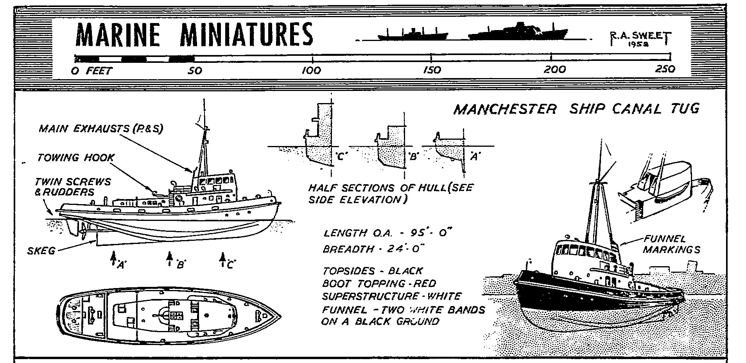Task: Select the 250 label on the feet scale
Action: (664, 69)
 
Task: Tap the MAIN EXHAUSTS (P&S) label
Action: (100, 128)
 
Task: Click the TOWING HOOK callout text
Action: (76, 157)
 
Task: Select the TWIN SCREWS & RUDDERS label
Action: (72, 187)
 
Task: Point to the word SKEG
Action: (41, 250)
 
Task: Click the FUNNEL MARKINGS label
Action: (671, 244)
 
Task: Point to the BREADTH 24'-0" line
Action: (373, 249)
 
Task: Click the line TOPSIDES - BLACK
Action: (373, 270)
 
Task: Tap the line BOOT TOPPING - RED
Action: (378, 283)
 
